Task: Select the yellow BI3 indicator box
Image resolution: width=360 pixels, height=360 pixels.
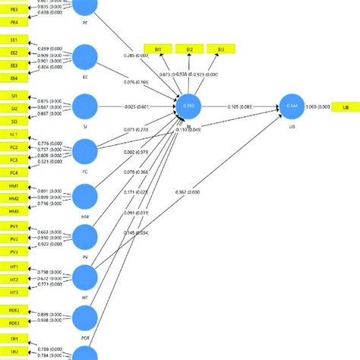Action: [220, 49]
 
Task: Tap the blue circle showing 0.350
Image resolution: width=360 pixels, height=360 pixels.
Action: [189, 108]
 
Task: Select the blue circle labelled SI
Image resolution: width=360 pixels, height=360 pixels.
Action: [85, 106]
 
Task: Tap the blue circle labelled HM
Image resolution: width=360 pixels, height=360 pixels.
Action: [85, 197]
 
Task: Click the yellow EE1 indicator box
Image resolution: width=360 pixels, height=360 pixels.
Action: [14, 38]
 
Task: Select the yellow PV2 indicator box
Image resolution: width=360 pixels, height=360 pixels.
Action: [14, 238]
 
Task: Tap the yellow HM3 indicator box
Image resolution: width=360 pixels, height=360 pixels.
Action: [14, 210]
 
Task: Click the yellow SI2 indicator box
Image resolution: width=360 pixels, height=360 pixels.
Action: [14, 109]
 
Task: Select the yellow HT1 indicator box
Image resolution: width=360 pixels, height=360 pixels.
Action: [14, 268]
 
